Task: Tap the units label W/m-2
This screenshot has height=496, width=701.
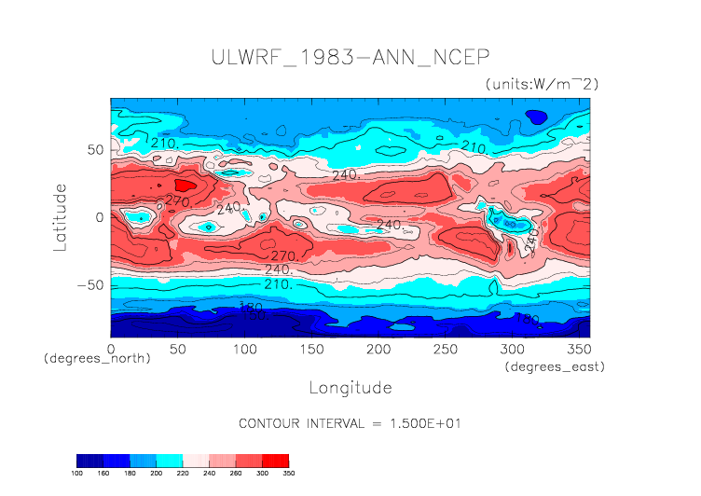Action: (542, 84)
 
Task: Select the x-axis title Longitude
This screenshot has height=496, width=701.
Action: (350, 387)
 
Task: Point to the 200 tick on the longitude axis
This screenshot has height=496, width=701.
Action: (378, 349)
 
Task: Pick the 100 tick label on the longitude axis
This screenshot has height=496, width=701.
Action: (244, 349)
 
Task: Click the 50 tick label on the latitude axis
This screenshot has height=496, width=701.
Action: (93, 149)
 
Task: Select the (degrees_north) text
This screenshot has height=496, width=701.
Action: (98, 358)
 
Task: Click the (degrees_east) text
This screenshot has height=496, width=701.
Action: (556, 367)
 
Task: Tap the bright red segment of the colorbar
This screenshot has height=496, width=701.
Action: (276, 461)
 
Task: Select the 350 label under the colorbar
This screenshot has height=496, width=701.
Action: (288, 474)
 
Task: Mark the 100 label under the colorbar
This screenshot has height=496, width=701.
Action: (77, 474)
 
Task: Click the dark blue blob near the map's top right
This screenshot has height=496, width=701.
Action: (536, 117)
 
